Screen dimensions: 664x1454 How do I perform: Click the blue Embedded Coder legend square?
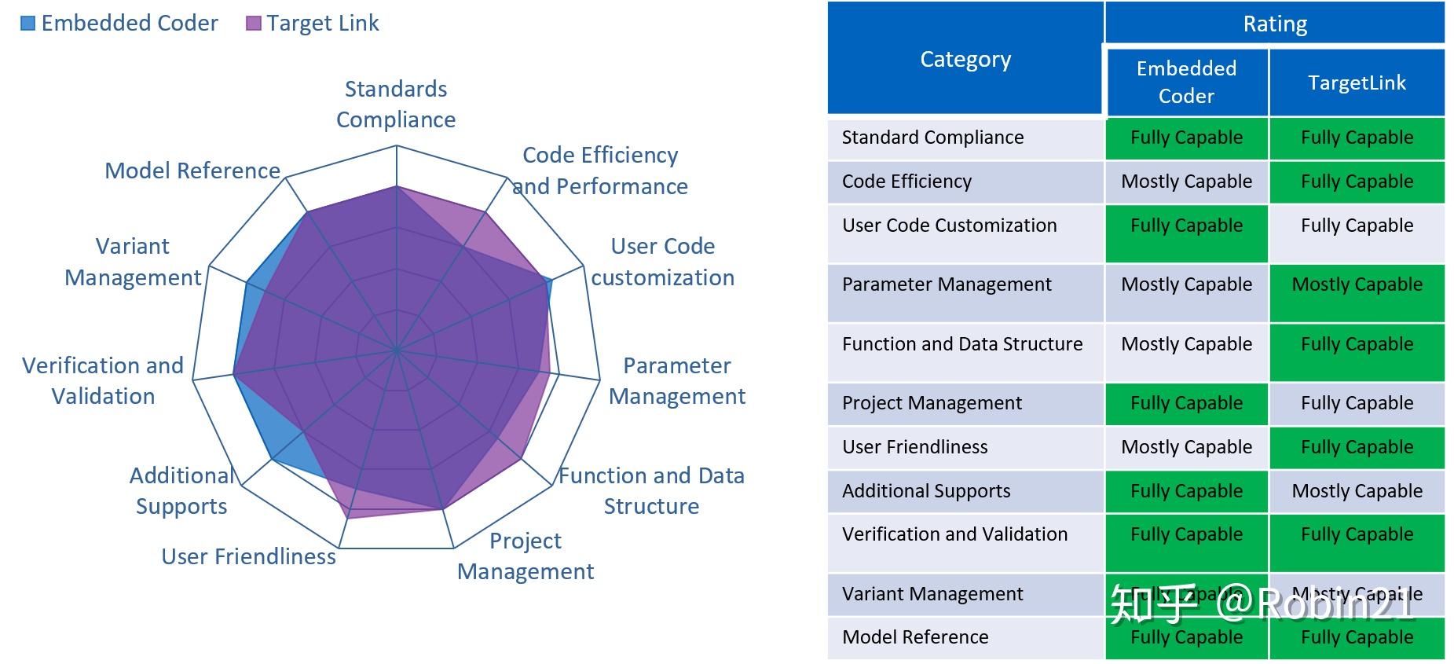(27, 24)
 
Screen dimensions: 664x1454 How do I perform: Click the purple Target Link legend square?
(253, 24)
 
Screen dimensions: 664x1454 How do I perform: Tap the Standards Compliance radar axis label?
(396, 104)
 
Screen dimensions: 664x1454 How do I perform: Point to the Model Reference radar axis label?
(192, 171)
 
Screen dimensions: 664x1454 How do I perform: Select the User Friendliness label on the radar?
(248, 556)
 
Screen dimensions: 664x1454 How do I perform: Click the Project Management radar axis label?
(526, 556)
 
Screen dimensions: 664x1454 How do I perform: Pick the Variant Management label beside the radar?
(133, 262)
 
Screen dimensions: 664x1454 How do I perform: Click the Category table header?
(965, 59)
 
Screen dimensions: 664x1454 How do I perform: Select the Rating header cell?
(1274, 24)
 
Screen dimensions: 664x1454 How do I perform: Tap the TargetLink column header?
(1357, 83)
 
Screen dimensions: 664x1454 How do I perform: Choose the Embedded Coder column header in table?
(1186, 82)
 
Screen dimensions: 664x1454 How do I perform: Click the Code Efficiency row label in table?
(906, 182)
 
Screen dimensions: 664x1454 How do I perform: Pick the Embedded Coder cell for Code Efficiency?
(1186, 182)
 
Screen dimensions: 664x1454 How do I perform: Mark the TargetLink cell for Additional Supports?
(1357, 491)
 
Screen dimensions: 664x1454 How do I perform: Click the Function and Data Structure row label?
(961, 344)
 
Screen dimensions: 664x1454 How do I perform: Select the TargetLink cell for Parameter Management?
(1357, 284)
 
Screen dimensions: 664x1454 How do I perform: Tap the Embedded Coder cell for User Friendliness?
(1186, 447)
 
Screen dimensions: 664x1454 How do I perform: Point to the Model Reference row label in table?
(915, 637)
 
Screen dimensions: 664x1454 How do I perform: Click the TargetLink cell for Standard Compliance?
(1357, 138)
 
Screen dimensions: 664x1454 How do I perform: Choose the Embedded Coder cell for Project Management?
(1186, 403)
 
